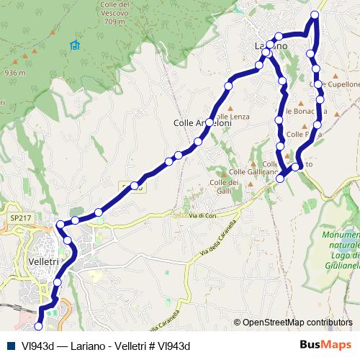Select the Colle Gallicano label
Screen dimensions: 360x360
tap(253, 172)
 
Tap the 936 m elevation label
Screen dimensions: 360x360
tap(14, 73)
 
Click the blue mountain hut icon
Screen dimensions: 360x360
tap(75, 45)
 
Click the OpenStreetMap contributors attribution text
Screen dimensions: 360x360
tap(297, 323)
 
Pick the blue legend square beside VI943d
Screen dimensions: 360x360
tap(12, 346)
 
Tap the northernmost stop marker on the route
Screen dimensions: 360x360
tap(315, 15)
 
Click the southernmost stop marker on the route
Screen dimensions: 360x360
tap(38, 328)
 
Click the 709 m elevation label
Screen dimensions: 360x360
tap(114, 22)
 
